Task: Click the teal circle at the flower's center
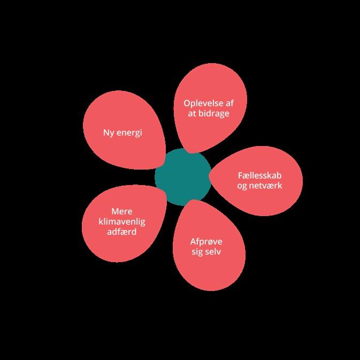pos(182,177)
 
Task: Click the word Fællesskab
pos(259,175)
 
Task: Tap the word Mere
pos(122,211)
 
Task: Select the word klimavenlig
pos(122,221)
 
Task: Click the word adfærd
pos(122,232)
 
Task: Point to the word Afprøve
pos(206,241)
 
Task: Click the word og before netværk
pos(242,186)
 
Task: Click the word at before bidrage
pos(191,114)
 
